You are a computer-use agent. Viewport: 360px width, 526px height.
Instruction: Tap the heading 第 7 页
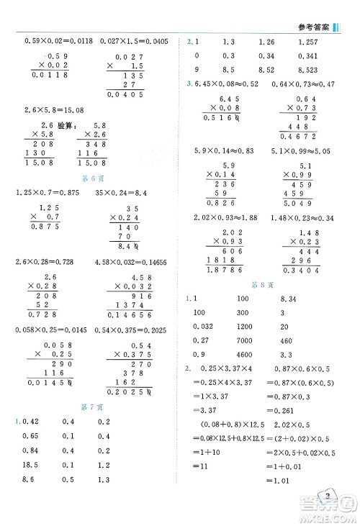91,407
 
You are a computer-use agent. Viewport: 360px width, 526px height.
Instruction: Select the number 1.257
307,42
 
